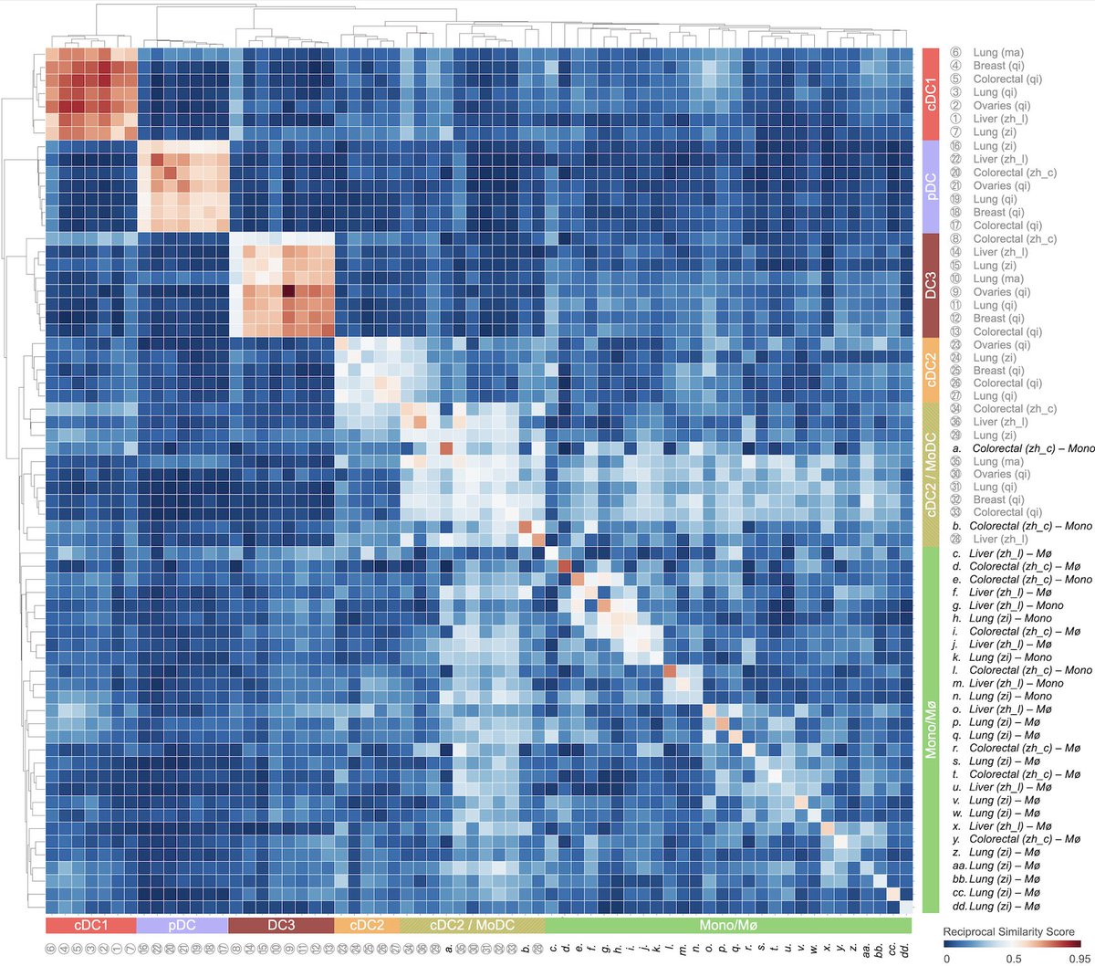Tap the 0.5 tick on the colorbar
click(x=1013, y=960)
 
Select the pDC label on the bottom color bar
click(x=182, y=925)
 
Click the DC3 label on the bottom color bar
click(x=281, y=925)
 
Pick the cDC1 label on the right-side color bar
click(x=932, y=93)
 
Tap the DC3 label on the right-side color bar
click(x=932, y=285)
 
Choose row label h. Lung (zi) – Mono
click(x=1013, y=618)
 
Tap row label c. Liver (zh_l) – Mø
click(x=1013, y=553)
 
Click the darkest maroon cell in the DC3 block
click(x=288, y=292)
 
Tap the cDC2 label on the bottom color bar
click(x=367, y=925)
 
